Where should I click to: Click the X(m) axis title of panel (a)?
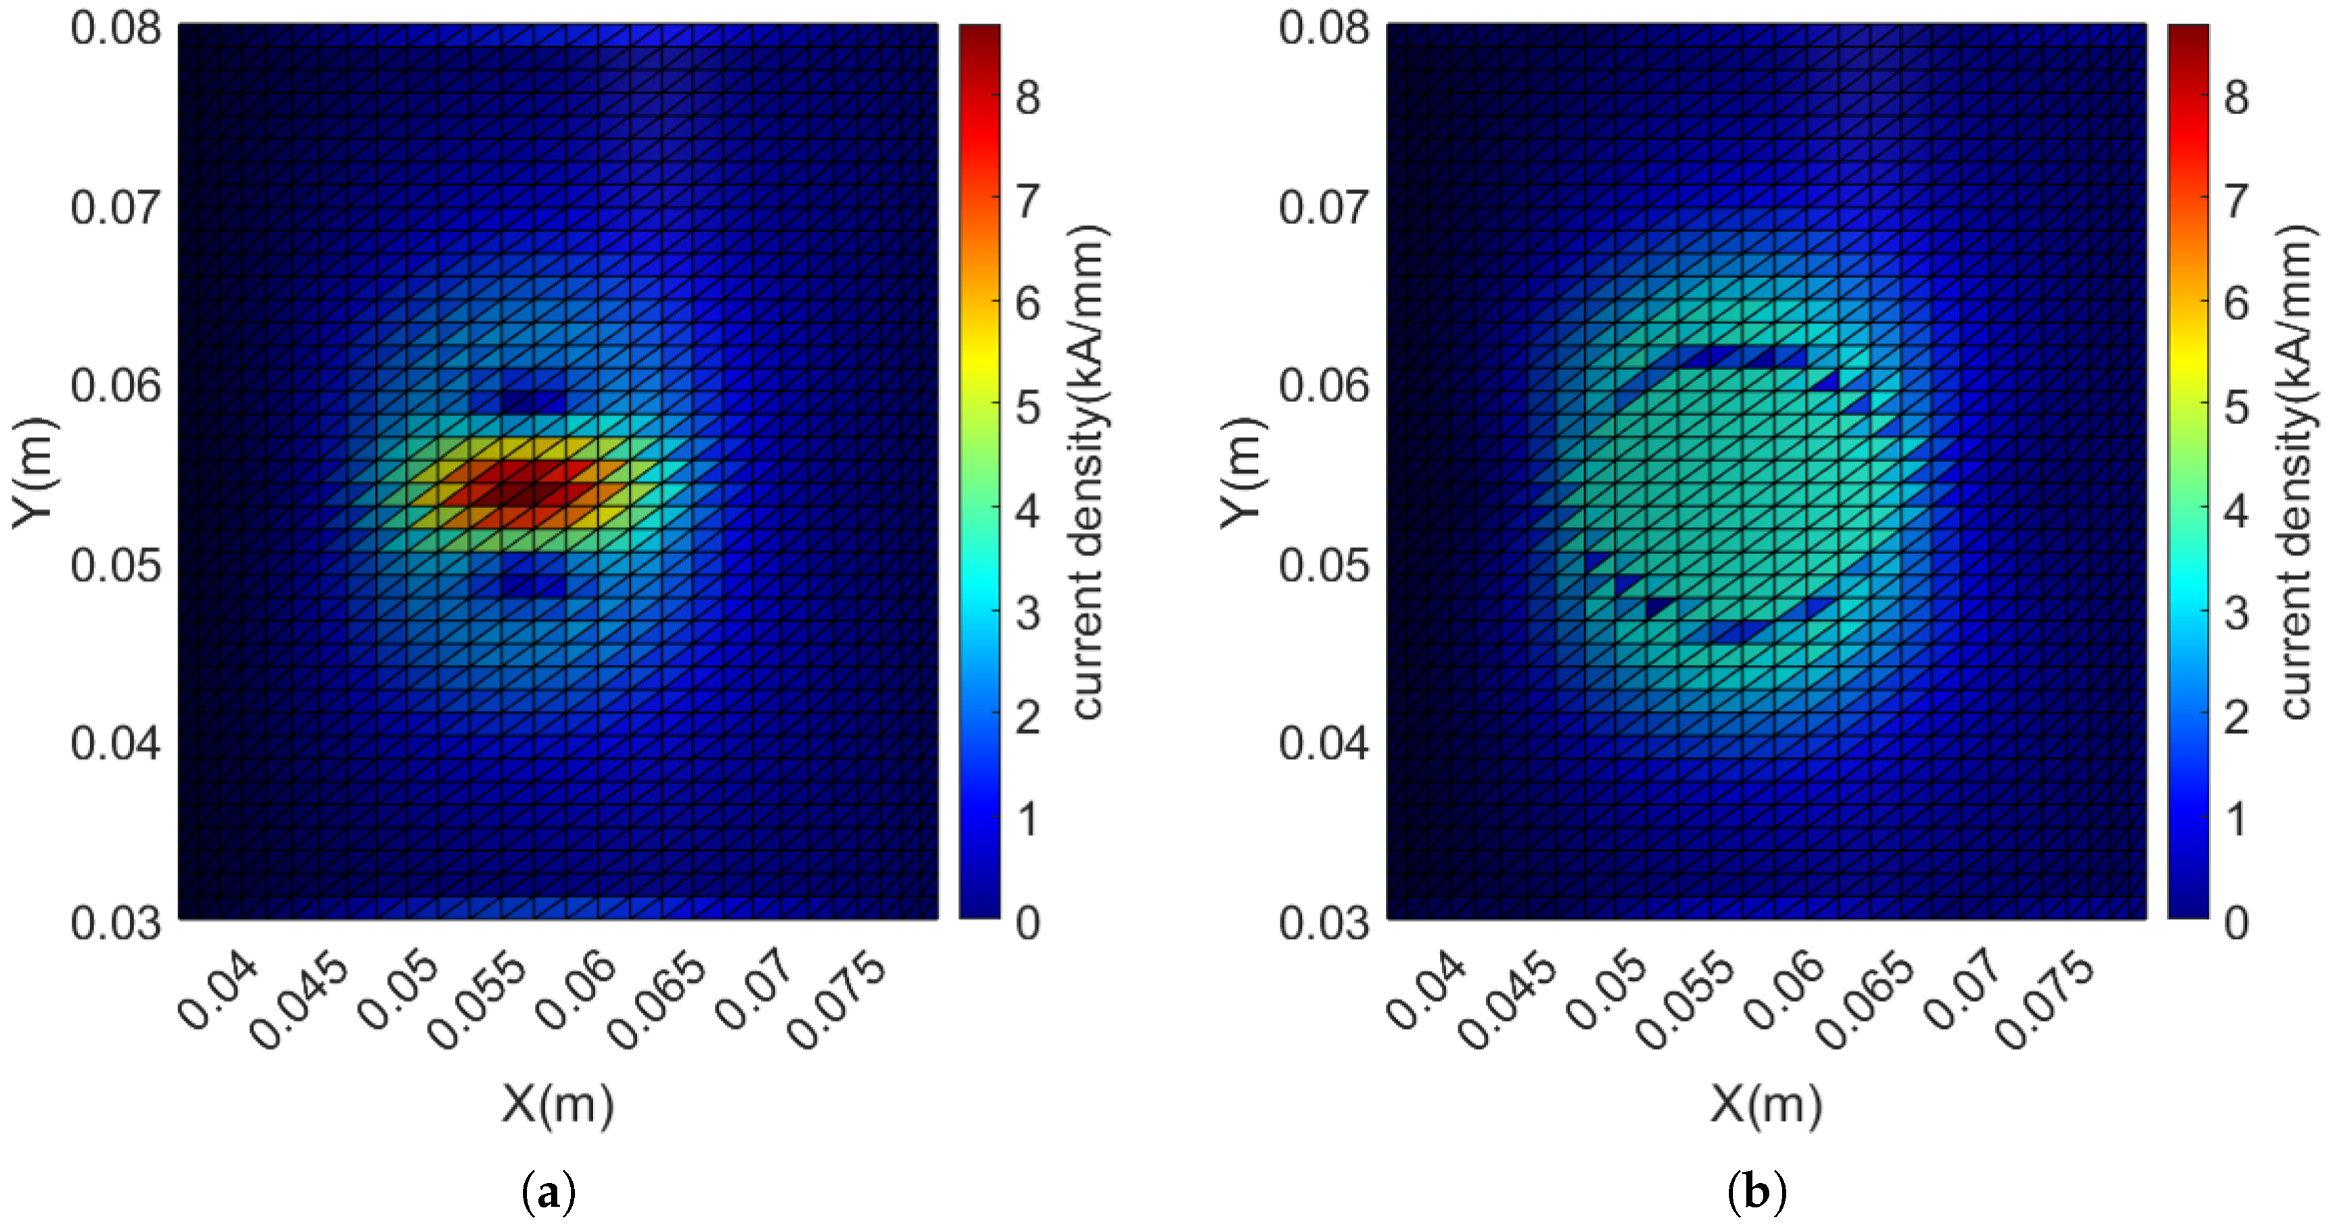click(x=557, y=1104)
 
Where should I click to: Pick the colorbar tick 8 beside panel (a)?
click(x=1027, y=97)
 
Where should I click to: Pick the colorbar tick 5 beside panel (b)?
click(x=2236, y=407)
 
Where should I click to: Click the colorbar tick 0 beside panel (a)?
click(x=1027, y=923)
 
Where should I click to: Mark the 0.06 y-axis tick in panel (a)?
click(x=116, y=386)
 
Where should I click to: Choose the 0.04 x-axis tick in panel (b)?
click(x=1425, y=991)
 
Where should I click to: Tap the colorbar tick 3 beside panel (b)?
click(x=2236, y=614)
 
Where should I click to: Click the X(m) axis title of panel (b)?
click(x=1766, y=1104)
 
